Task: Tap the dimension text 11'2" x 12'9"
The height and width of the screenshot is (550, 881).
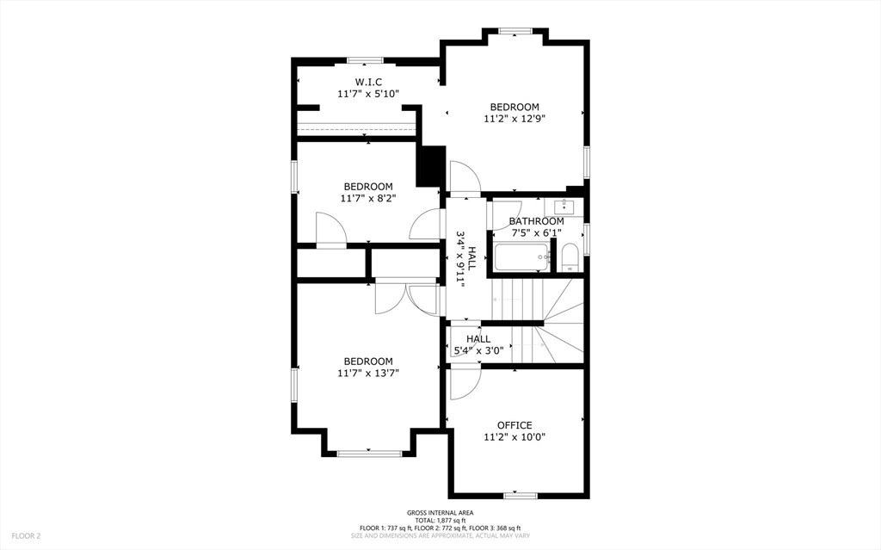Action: [x=514, y=120]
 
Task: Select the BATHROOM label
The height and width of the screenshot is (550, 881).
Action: [x=536, y=221]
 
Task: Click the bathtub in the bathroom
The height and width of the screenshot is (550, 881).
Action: [x=522, y=257]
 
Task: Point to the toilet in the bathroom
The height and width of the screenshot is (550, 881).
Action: [x=570, y=257]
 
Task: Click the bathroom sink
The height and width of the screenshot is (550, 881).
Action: [x=564, y=207]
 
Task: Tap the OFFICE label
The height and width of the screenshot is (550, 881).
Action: [x=514, y=425]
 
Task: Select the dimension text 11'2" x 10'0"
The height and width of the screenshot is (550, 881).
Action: [x=514, y=437]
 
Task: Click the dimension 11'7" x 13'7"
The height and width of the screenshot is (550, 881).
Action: [x=368, y=374]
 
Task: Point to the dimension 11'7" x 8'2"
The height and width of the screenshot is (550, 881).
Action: [x=368, y=198]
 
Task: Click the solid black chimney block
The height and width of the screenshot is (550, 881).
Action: [x=430, y=165]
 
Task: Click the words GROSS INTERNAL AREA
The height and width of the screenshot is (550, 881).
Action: [x=440, y=512]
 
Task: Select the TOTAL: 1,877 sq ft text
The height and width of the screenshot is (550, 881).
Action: [x=440, y=520]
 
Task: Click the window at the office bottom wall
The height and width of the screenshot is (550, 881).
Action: [x=521, y=495]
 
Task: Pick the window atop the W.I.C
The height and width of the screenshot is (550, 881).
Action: [x=365, y=60]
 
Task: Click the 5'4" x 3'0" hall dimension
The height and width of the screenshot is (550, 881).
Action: [x=478, y=351]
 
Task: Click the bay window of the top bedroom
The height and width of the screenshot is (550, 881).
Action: [x=515, y=32]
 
